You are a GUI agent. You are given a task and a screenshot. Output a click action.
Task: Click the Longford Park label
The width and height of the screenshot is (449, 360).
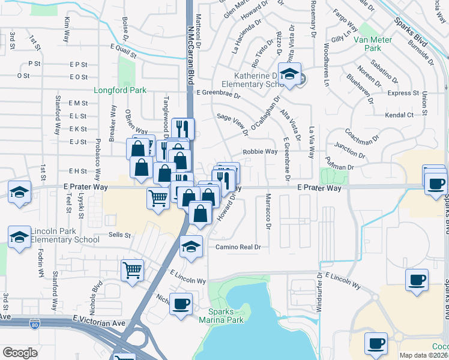pos(119,91)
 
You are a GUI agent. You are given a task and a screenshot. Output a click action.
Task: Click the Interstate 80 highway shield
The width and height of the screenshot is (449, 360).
pos(35,325)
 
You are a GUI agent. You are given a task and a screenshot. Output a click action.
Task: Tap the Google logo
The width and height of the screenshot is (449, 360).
pos(20,353)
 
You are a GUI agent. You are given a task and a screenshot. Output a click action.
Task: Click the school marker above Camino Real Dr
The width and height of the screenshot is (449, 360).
pos(191,246)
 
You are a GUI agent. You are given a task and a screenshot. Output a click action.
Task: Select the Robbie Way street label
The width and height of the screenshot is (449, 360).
pos(260,152)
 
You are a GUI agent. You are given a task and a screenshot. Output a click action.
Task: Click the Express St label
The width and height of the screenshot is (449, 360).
pos(403,93)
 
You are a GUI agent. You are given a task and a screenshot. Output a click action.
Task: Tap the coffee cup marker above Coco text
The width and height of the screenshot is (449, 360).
pos(376,344)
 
